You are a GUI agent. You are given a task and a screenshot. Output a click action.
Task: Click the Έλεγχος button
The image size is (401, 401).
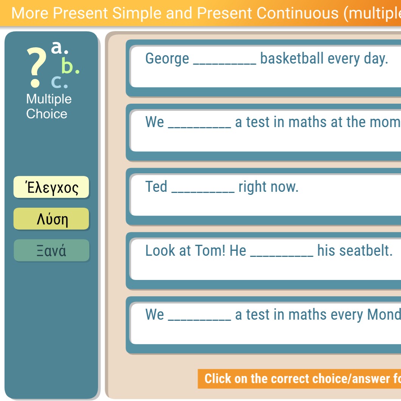(51, 187)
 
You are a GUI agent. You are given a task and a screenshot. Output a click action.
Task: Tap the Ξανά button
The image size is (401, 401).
(51, 250)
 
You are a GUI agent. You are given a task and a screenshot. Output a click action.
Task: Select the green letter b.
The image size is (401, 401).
(70, 65)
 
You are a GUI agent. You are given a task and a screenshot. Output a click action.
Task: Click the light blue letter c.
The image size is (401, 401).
(59, 82)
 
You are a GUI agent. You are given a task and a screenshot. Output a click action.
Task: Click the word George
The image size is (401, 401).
(167, 59)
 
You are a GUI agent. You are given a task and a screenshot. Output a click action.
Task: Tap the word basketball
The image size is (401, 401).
(292, 58)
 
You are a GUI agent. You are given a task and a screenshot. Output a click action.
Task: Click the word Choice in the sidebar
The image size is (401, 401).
(47, 114)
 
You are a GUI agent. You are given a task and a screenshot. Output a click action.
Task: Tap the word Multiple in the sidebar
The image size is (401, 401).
(49, 99)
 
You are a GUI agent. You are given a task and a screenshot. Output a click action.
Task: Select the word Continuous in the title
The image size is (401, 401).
(297, 13)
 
